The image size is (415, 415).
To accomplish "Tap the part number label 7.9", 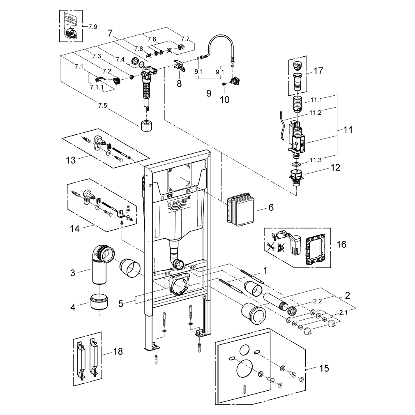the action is (92, 27).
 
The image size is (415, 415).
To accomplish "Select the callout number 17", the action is (318, 71).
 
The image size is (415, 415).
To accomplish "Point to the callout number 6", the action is (271, 207).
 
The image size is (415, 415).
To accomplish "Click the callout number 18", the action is (118, 351).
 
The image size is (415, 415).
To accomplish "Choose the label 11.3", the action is (316, 160).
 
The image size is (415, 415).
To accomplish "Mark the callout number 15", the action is (324, 368).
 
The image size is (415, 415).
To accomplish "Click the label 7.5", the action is (102, 105).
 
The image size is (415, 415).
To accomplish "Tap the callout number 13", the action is (71, 160).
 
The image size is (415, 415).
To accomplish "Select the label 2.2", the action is (317, 301).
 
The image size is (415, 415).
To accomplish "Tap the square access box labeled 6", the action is (240, 211).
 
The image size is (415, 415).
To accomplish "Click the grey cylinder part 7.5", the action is (146, 126).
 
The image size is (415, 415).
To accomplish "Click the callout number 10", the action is (224, 100).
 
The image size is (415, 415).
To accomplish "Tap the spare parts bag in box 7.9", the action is (71, 26).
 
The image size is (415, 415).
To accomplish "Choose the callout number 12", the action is (335, 168).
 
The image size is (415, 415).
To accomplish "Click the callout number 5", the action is (121, 304).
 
